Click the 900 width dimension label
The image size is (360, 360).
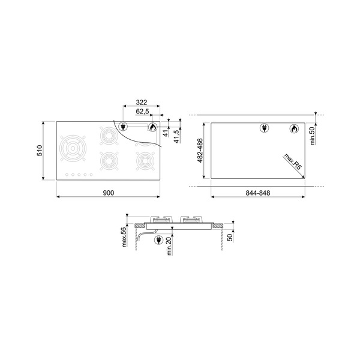(x=108, y=193)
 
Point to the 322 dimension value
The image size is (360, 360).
(x=141, y=103)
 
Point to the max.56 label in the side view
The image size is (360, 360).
(x=124, y=237)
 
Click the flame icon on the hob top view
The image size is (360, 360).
(x=152, y=128)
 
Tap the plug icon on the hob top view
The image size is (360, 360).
(x=124, y=128)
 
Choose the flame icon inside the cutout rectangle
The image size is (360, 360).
(x=294, y=129)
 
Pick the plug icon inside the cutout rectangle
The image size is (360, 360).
(x=265, y=129)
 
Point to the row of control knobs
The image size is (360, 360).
(x=79, y=175)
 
